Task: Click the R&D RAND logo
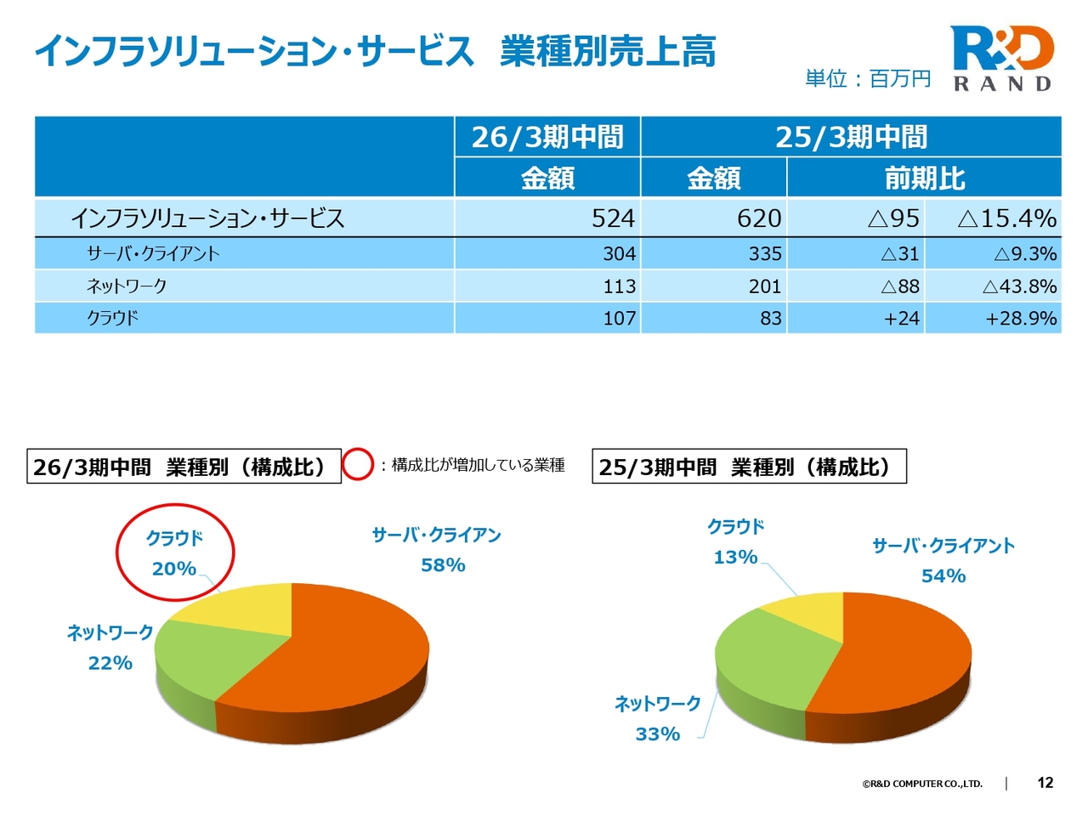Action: coord(1002,58)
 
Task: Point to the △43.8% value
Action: coord(1019,286)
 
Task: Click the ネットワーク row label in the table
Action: coord(127,286)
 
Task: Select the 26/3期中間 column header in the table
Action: coord(547,137)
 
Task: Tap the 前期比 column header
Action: coord(924,178)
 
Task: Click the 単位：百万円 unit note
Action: coord(868,79)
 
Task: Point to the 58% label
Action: coord(443,565)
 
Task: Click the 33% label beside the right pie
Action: coord(657,734)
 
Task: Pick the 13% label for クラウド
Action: coord(735,558)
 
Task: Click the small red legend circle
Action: coord(358,465)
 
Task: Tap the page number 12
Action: coord(1045,783)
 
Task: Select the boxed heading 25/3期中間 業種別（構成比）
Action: coord(749,467)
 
